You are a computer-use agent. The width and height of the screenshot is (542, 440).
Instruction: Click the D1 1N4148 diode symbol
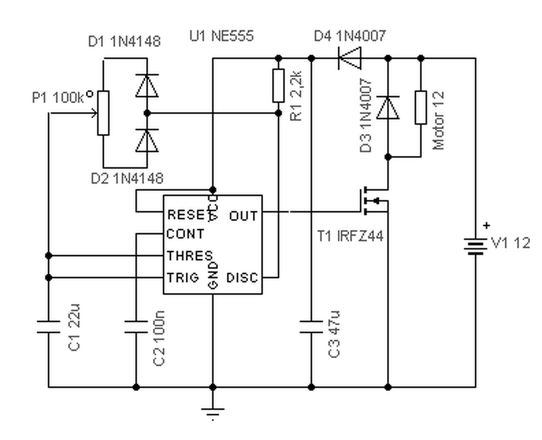click(x=147, y=86)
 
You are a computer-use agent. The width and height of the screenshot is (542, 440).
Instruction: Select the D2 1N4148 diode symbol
click(x=147, y=141)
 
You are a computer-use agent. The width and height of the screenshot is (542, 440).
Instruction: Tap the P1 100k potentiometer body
click(x=103, y=113)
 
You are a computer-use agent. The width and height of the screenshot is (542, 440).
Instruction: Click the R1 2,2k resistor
click(x=279, y=86)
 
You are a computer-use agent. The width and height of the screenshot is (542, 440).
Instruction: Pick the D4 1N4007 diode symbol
click(x=350, y=58)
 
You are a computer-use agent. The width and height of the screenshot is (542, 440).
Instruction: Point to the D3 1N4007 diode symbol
click(x=388, y=107)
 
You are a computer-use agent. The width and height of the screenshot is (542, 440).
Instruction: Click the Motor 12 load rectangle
click(x=421, y=107)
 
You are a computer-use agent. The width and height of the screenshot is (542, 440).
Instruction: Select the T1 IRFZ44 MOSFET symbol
click(x=374, y=201)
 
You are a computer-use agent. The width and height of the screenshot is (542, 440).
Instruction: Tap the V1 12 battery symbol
click(x=475, y=246)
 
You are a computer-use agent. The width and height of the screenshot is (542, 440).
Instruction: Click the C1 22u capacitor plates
click(x=48, y=327)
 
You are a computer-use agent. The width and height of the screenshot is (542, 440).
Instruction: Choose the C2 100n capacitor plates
click(x=136, y=327)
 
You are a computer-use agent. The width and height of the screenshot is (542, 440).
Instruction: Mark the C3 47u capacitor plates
click(x=311, y=327)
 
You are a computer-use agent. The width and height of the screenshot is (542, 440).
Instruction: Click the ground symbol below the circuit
click(x=212, y=412)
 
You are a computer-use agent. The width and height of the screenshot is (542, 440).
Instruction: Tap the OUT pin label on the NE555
click(x=243, y=216)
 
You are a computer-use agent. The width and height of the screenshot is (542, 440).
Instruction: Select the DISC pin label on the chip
click(x=242, y=278)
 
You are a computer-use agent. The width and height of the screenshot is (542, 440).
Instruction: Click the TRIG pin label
click(x=183, y=278)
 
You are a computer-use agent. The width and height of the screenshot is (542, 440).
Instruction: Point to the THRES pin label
click(x=190, y=256)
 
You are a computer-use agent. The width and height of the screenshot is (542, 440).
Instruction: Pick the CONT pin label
click(x=185, y=234)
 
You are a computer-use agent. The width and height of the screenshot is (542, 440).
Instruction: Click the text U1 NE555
click(x=221, y=36)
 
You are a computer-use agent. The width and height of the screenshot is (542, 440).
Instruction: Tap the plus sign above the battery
click(x=486, y=226)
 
